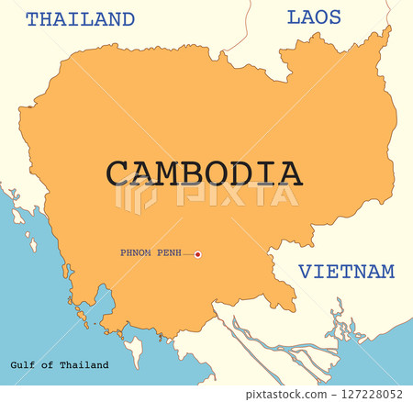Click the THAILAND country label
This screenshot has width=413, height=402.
pyautogui.click(x=80, y=19)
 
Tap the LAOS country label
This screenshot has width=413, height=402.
pyautogui.click(x=314, y=17)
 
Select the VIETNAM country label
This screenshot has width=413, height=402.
pyautogui.click(x=347, y=272)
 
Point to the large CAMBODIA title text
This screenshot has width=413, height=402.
pyautogui.click(x=203, y=173)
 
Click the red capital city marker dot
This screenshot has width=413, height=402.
pyautogui.click(x=197, y=254)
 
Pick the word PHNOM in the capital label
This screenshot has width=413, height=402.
pyautogui.click(x=137, y=252)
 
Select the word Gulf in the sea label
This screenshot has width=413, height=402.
pyautogui.click(x=25, y=365)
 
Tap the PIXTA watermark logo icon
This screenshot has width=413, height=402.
pyautogui.click(x=134, y=195)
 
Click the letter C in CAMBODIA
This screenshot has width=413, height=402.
pyautogui.click(x=117, y=173)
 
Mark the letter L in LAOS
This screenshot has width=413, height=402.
pyautogui.click(x=294, y=17)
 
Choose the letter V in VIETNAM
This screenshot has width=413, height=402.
pyautogui.click(x=304, y=272)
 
